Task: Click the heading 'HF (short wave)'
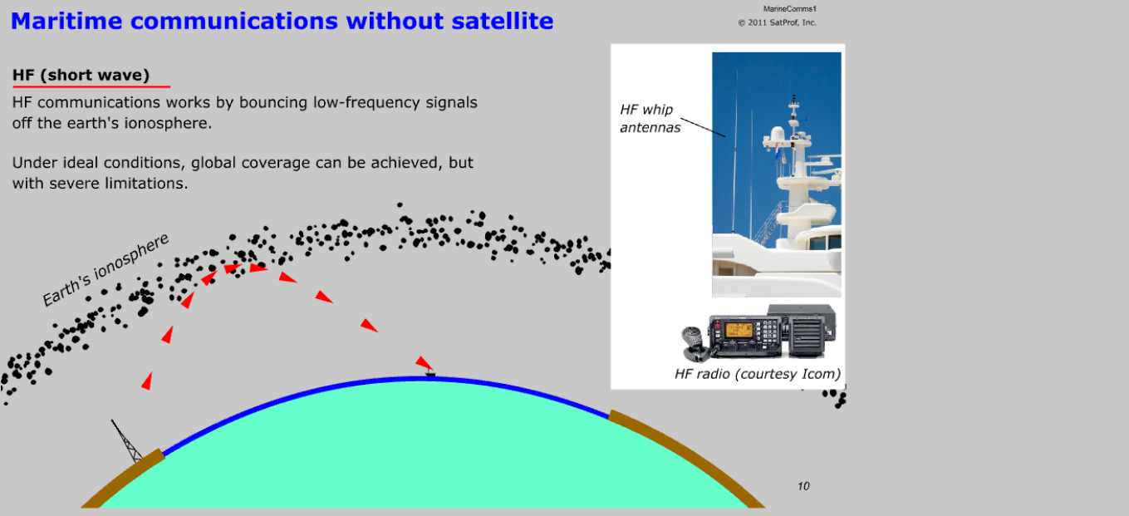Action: pos(81,75)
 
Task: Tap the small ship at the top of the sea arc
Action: pos(430,373)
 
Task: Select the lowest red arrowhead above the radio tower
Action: pos(147,381)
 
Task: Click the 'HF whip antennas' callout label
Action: pos(650,119)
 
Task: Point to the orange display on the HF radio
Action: pos(739,330)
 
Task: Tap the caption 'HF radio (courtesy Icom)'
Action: pos(758,374)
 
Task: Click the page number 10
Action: pos(803,486)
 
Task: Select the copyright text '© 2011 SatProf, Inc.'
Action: pos(778,22)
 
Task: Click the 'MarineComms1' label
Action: pos(790,8)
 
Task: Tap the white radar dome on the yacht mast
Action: pos(776,135)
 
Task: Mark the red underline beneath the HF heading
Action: pos(91,86)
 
